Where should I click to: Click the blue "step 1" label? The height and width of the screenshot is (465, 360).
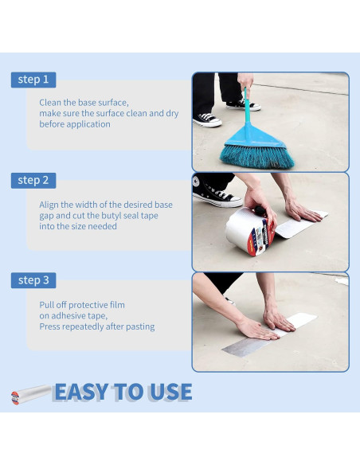33,80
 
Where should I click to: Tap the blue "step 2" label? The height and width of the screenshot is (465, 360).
33,181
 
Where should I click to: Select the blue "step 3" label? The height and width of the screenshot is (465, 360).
33,280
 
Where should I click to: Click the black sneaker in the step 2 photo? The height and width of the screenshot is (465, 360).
217,194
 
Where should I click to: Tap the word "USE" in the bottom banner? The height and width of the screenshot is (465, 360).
168,393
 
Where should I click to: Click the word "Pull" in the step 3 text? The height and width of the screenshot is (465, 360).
47,305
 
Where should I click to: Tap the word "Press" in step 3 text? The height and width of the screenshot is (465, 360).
51,326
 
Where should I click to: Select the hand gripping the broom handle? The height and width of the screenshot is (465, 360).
246,82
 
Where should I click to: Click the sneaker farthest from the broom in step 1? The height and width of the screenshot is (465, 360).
208,119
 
